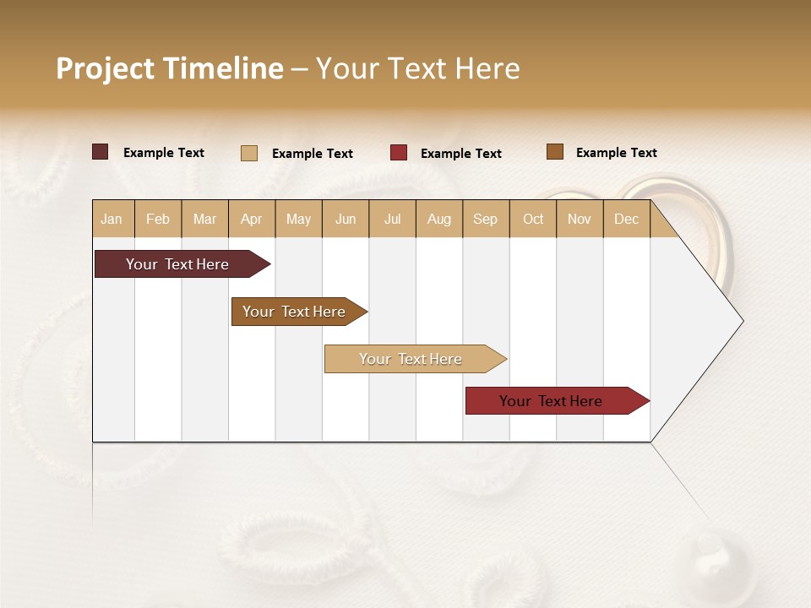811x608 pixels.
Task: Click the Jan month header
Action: click(x=112, y=220)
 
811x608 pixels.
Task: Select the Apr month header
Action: click(x=251, y=220)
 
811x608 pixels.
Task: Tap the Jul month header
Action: click(x=392, y=220)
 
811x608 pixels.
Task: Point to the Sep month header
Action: click(x=485, y=220)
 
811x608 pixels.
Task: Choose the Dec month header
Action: click(x=626, y=220)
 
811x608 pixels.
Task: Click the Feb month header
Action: click(x=158, y=220)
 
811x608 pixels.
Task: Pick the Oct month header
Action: click(x=533, y=220)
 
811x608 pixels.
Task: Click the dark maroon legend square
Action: click(x=101, y=152)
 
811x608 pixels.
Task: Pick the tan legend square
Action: click(x=249, y=153)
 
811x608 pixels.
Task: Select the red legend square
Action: click(x=399, y=153)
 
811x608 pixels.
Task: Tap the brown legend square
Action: click(x=555, y=152)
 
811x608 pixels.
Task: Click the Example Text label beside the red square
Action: click(x=461, y=154)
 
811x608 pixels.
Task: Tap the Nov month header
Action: click(x=580, y=220)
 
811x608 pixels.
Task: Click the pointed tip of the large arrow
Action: click(x=741, y=321)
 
